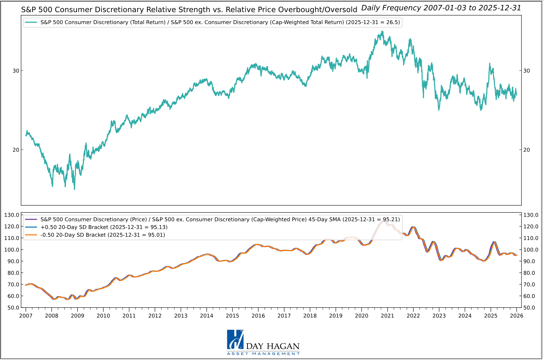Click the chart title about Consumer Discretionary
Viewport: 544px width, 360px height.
click(x=189, y=10)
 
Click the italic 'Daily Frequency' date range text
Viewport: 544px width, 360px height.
click(x=441, y=8)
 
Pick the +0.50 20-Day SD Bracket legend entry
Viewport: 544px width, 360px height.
click(x=104, y=227)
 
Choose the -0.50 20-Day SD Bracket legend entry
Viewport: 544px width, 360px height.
click(x=103, y=235)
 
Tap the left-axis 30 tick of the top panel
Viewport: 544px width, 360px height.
click(x=16, y=71)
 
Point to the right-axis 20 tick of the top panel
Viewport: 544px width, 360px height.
click(x=527, y=150)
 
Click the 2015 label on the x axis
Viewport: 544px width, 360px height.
click(x=232, y=316)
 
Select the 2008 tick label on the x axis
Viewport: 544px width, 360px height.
click(x=51, y=316)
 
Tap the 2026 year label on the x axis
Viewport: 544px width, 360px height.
click(x=516, y=316)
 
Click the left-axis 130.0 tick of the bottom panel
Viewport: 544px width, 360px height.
click(x=12, y=215)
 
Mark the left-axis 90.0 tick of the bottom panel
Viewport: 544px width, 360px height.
click(x=12, y=261)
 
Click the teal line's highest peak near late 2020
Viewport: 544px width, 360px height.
click(x=382, y=31)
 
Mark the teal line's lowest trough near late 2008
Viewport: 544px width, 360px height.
click(x=74, y=189)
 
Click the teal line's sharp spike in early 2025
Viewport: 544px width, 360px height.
click(x=490, y=64)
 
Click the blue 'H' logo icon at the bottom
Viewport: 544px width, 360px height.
click(x=235, y=340)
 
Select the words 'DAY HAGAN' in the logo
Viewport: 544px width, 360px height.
click(x=273, y=346)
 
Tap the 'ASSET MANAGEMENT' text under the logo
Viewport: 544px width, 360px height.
click(x=263, y=354)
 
